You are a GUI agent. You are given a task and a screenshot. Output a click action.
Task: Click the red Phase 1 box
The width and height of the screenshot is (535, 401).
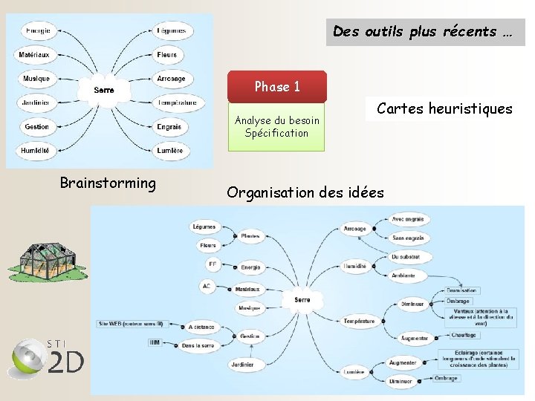pos(276,87)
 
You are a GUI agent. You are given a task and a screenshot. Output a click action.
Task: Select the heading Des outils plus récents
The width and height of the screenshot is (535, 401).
pos(424,32)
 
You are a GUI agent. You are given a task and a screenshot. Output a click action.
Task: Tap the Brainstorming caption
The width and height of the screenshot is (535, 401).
pos(108,183)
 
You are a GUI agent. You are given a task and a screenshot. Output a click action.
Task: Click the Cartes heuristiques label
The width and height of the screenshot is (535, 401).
pos(444,109)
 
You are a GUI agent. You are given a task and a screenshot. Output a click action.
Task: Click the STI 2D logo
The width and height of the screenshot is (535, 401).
pos(45,359)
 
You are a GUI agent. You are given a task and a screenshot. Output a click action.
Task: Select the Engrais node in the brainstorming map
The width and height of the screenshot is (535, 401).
pos(169,127)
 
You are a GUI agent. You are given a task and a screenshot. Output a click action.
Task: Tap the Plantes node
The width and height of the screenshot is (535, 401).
pos(250,236)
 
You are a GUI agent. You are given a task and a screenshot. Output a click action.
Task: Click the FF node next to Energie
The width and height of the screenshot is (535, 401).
pos(213,264)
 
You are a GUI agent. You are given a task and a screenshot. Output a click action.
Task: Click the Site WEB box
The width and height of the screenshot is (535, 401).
pos(130,324)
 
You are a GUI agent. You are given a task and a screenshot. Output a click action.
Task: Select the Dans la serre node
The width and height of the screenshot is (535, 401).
pos(198,345)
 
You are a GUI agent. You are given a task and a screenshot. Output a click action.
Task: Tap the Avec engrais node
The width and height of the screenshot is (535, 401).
pos(408,220)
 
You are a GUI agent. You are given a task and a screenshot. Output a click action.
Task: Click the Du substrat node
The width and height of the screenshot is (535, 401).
pos(406,257)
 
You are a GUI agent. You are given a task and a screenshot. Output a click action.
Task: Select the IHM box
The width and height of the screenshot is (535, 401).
pos(155,342)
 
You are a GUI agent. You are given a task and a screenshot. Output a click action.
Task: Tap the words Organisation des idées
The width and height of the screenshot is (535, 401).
pos(305,193)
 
